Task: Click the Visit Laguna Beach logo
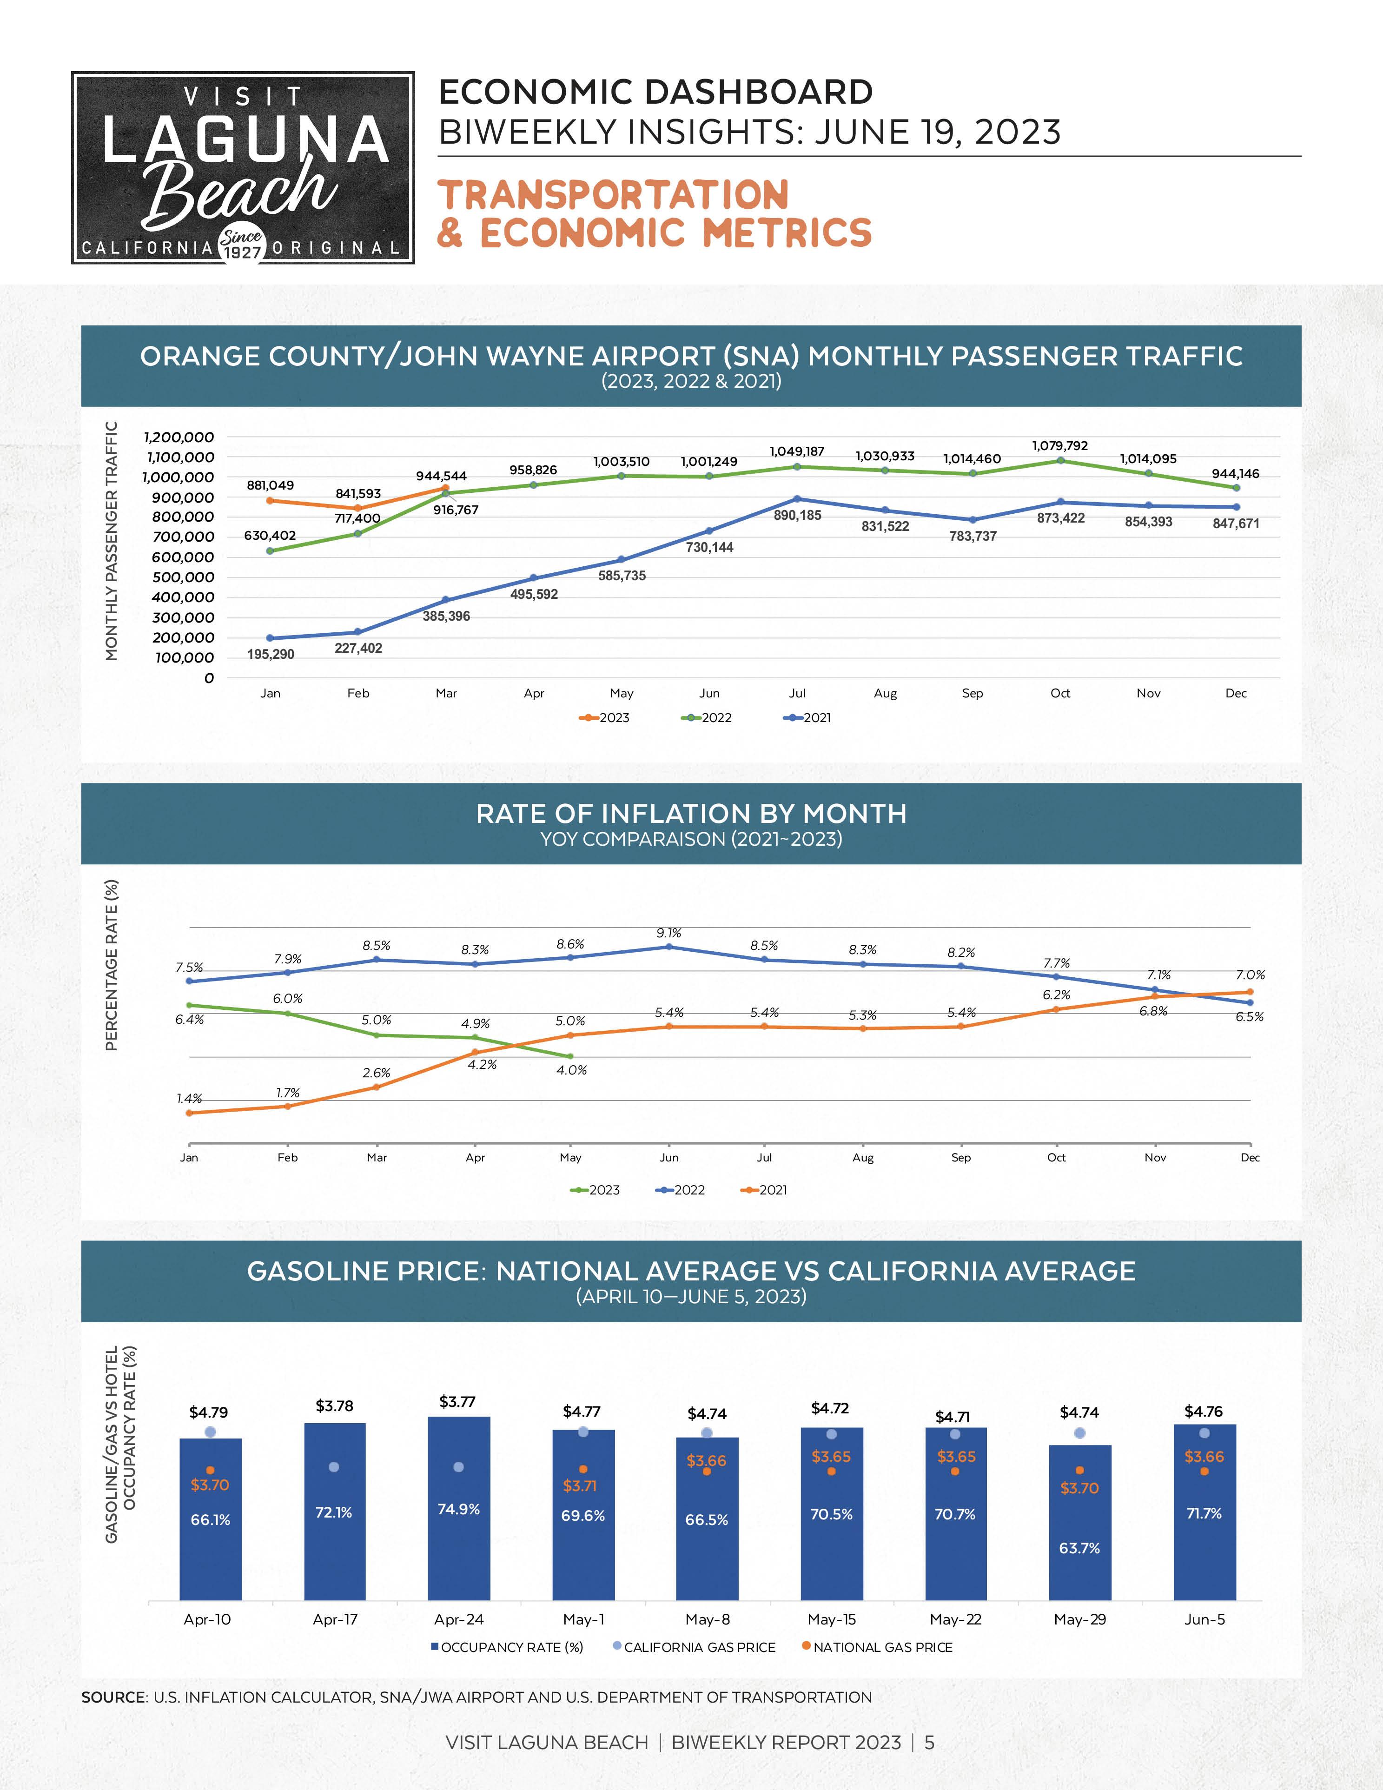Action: point(243,167)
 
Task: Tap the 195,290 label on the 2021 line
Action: point(271,654)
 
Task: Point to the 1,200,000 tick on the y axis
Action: point(179,437)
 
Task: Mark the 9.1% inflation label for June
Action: point(668,933)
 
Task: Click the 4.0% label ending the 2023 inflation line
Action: point(571,1069)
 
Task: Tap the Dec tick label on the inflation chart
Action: point(1250,1157)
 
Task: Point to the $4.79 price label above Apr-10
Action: point(209,1412)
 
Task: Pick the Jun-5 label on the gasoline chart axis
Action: point(1204,1619)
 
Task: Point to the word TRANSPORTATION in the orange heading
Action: point(613,196)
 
